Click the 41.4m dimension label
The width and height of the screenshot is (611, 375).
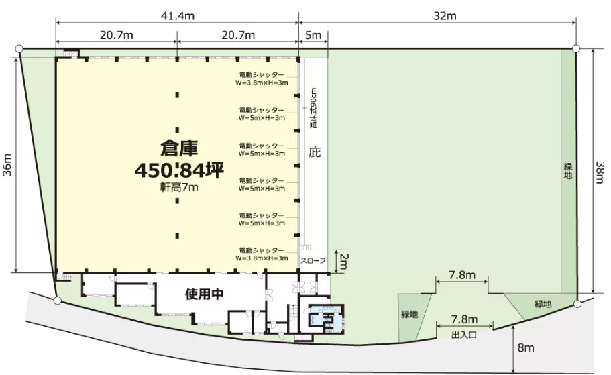tap(177, 16)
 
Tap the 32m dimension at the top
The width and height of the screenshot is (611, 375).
tap(445, 16)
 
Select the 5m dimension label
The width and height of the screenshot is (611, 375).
tap(313, 35)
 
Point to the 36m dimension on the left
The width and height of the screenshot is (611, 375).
tap(8, 164)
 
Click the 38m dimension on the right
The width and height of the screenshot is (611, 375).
tap(600, 172)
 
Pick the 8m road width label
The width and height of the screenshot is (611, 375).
tap(526, 347)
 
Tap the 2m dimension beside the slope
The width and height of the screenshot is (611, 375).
tap(343, 261)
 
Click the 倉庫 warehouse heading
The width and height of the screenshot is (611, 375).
tap(179, 148)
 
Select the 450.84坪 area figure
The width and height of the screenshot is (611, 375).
tap(179, 170)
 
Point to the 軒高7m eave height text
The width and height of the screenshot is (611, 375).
tap(179, 188)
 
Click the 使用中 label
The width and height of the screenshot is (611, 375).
tap(204, 294)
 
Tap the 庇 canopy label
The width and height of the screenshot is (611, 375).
tap(315, 152)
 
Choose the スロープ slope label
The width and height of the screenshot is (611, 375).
tap(313, 260)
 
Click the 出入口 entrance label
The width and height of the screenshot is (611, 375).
tap(464, 335)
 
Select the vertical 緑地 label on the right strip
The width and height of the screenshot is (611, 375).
tap(568, 171)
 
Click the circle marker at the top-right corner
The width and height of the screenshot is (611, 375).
tap(576, 49)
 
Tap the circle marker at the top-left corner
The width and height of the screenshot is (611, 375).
tap(18, 49)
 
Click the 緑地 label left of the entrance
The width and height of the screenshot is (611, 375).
tap(410, 314)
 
